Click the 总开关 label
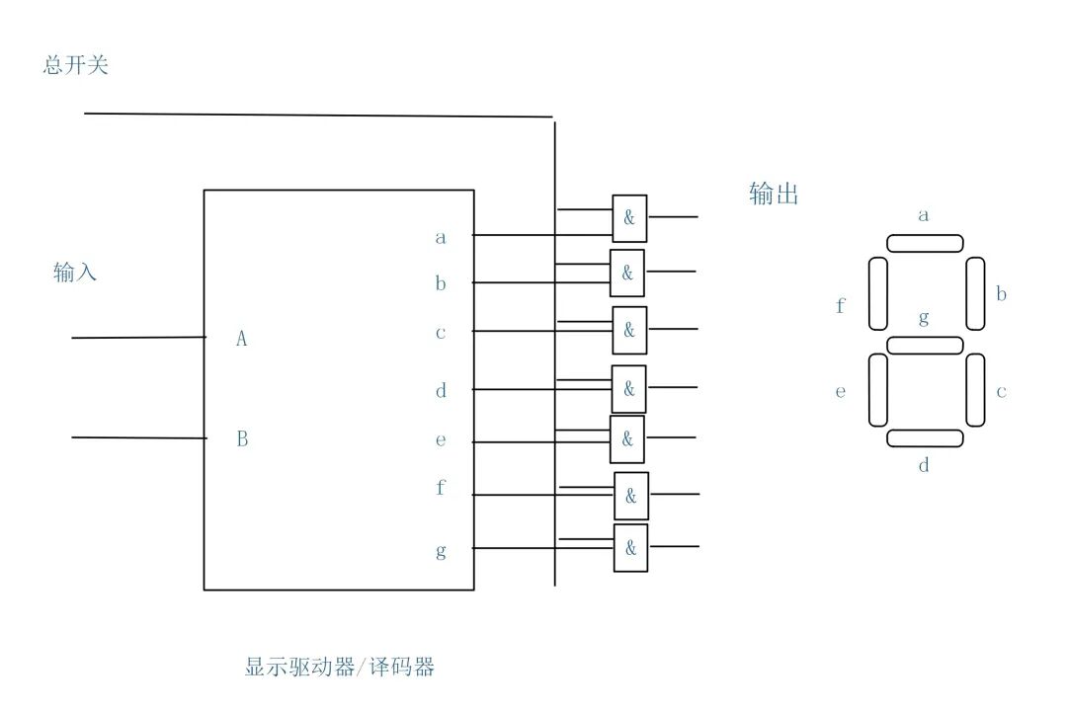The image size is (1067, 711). (x=76, y=66)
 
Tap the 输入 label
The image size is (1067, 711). (x=75, y=273)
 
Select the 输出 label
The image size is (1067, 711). (x=774, y=195)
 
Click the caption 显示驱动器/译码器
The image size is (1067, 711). (x=340, y=667)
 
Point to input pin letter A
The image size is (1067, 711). (x=241, y=339)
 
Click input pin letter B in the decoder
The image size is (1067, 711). (x=242, y=439)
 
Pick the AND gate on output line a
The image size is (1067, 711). (x=629, y=218)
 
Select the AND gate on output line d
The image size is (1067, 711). (x=628, y=389)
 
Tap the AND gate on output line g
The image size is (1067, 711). (x=630, y=547)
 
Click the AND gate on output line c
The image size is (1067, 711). (x=628, y=331)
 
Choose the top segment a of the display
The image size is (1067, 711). (x=925, y=243)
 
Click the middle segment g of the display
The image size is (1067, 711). (x=925, y=345)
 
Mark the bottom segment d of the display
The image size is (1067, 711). (x=925, y=438)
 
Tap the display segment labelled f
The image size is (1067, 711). (x=878, y=293)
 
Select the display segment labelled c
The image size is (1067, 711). (x=975, y=389)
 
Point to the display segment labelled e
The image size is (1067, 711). (x=878, y=389)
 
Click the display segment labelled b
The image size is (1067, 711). (x=975, y=293)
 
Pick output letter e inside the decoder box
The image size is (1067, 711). (x=441, y=440)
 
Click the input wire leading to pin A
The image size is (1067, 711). (x=138, y=338)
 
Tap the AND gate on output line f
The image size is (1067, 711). (x=631, y=496)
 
